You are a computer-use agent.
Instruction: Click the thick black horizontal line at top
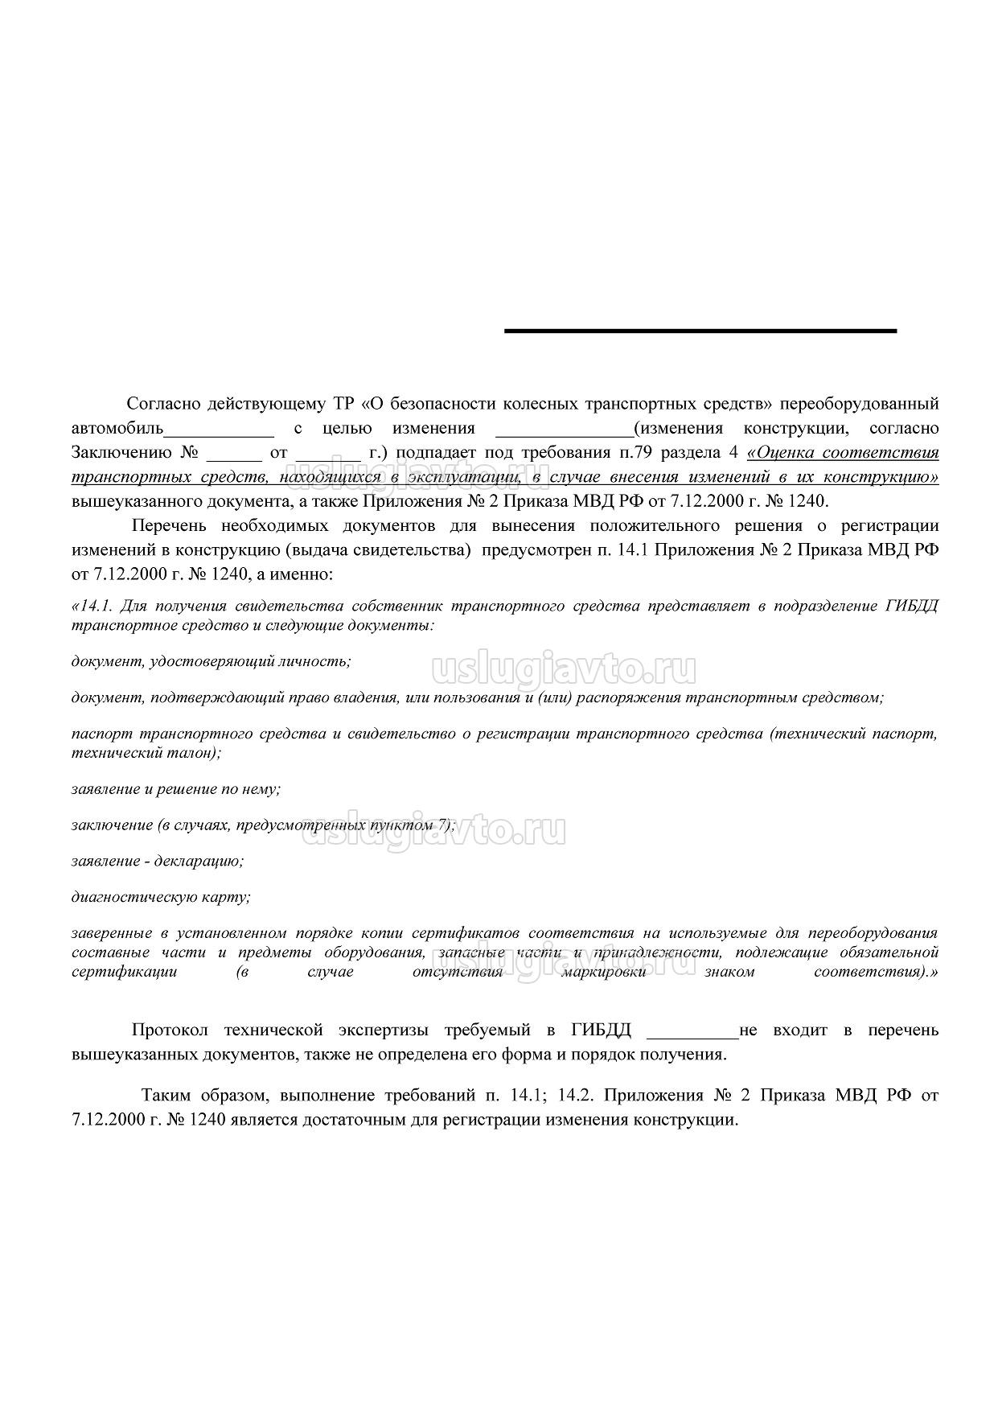700,331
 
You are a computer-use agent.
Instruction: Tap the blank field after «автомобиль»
219,429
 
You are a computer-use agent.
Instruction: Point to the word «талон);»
195,753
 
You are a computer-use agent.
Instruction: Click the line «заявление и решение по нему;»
176,789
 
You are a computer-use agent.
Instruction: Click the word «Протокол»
170,1030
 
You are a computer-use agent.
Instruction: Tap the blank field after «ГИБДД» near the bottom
692,1030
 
